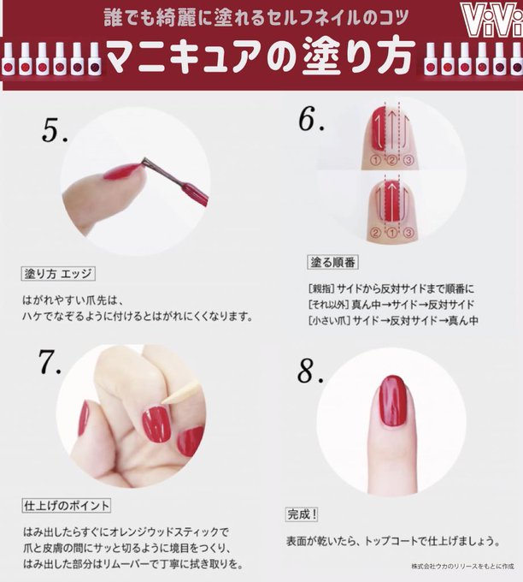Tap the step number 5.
coord(55,131)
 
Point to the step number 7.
coord(49,361)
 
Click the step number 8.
coord(310,371)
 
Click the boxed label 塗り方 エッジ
coord(58,274)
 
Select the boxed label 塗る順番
coord(332,263)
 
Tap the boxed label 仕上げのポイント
coord(67,506)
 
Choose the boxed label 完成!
coord(303,514)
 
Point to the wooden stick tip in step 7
coord(163,401)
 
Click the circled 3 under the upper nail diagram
coord(408,160)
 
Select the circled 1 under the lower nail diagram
coord(391,233)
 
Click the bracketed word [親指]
coord(321,288)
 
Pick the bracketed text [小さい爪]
coord(329,320)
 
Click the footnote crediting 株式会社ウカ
coord(462,567)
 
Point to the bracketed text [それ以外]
coord(329,305)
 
